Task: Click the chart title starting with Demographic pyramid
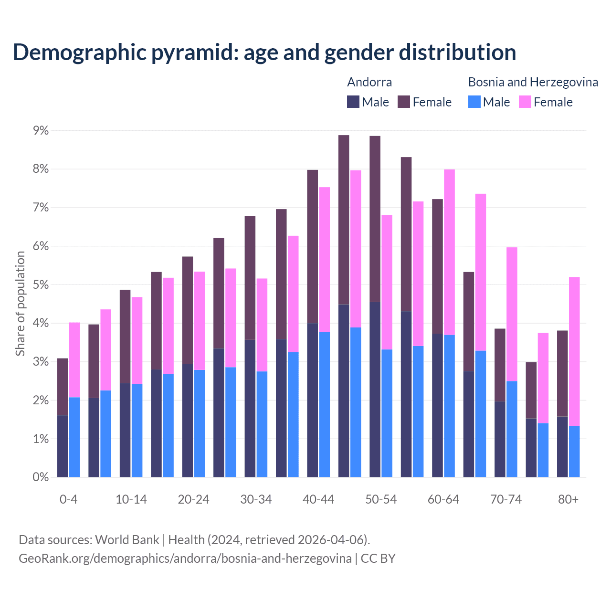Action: click(264, 52)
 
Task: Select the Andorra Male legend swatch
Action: click(353, 102)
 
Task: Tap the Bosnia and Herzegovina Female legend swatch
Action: click(525, 102)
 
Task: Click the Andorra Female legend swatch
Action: click(404, 102)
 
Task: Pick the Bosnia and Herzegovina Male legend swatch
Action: click(474, 102)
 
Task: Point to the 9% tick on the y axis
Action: click(41, 131)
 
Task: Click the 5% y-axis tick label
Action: click(41, 285)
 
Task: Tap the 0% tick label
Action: click(41, 477)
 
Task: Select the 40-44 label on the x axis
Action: click(318, 500)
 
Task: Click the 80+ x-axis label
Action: click(568, 500)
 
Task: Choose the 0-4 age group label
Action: click(68, 500)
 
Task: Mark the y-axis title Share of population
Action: click(20, 304)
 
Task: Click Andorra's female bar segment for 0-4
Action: click(63, 387)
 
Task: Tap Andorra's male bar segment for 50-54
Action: click(375, 389)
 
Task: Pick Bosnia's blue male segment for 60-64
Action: click(449, 406)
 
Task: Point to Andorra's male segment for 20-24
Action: click(188, 420)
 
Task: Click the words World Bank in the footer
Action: click(127, 540)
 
